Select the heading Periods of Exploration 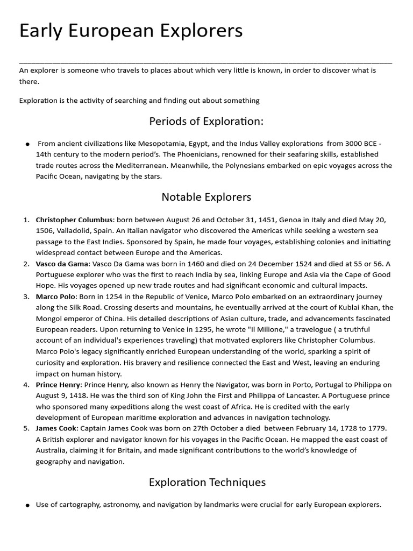[x=206, y=121]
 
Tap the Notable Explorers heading [x=206, y=197]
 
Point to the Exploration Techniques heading [x=207, y=482]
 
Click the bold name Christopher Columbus [x=74, y=220]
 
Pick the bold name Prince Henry [x=58, y=385]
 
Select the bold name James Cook [x=56, y=428]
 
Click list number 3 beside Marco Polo [x=26, y=296]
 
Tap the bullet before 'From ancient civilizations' [x=27, y=144]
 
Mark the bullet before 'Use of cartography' [x=27, y=505]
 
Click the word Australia [x=52, y=450]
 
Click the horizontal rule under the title [x=206, y=62]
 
